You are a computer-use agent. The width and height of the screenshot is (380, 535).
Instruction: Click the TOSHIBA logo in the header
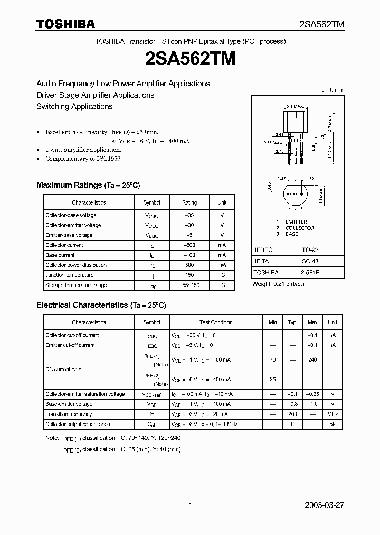click(65, 24)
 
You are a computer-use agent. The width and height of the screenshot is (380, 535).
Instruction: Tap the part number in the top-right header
click(321, 24)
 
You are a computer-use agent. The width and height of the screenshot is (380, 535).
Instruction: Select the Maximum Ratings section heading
click(88, 185)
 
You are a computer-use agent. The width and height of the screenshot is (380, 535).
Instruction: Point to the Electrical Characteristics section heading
click(101, 305)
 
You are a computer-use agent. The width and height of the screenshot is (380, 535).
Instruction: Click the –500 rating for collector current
click(189, 245)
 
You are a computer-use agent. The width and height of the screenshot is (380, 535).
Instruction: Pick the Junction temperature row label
click(69, 275)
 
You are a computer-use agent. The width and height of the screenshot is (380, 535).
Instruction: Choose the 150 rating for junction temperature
click(189, 275)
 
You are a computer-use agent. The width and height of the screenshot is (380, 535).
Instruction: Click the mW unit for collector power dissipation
click(222, 265)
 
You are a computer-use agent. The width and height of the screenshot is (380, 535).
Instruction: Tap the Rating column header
click(189, 202)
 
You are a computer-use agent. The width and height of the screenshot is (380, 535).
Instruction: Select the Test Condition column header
click(216, 322)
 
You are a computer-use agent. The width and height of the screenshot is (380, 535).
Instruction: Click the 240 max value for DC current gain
click(312, 359)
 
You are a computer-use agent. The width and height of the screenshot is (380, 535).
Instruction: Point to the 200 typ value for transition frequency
click(292, 414)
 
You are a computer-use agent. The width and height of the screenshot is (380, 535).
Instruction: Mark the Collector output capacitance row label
click(78, 425)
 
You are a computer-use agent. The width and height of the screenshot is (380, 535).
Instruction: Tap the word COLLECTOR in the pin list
click(300, 228)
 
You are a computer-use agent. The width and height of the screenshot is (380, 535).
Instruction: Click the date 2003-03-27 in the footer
click(324, 505)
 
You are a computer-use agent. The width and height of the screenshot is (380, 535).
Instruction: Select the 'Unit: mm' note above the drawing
click(332, 90)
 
